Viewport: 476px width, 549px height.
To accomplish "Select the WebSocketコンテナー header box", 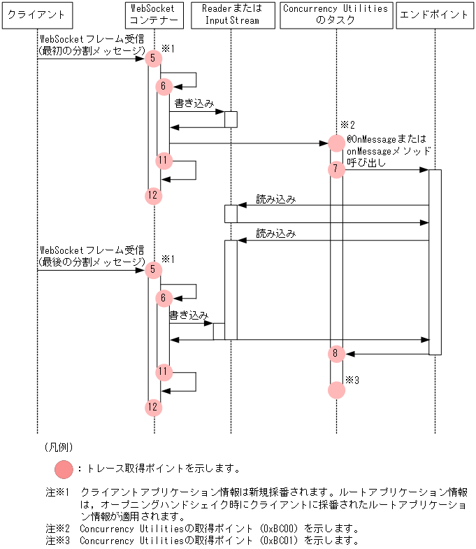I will pyautogui.click(x=154, y=15).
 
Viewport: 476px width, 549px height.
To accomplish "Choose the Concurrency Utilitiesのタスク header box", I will pyautogui.click(x=336, y=15).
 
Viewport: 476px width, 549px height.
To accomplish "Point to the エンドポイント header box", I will pyautogui.click(x=434, y=15).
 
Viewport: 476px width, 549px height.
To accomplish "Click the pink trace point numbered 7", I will pyautogui.click(x=336, y=169).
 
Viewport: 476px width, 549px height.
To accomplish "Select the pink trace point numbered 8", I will pyautogui.click(x=336, y=354).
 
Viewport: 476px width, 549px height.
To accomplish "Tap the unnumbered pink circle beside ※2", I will pyautogui.click(x=336, y=143).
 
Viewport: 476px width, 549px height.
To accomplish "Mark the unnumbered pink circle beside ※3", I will pyautogui.click(x=336, y=390).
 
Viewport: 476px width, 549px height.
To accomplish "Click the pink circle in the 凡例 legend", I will pyautogui.click(x=64, y=468).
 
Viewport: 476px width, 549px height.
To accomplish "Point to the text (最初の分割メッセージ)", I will pyautogui.click(x=91, y=50).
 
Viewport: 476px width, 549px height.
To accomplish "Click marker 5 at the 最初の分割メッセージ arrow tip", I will pyautogui.click(x=154, y=58).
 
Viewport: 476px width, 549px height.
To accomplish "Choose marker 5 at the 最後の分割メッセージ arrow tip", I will pyautogui.click(x=154, y=270).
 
